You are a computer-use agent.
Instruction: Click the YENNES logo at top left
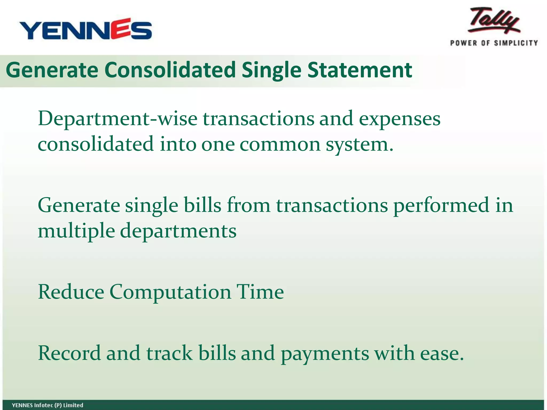point(85,29)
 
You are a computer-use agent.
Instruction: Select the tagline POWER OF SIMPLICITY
point(494,43)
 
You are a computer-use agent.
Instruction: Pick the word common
point(280,144)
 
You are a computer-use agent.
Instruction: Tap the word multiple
point(76,231)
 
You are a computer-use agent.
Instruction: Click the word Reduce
point(71,292)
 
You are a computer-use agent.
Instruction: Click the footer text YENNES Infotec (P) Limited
point(48,405)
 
